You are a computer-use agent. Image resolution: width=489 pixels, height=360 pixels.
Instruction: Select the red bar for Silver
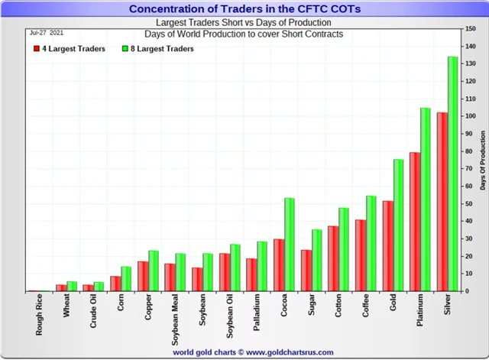click(442, 202)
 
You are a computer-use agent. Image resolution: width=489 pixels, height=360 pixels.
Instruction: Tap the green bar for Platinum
click(426, 199)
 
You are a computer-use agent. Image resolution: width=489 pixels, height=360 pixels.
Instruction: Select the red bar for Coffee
click(361, 255)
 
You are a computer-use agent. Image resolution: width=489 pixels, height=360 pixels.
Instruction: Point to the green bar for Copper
click(154, 271)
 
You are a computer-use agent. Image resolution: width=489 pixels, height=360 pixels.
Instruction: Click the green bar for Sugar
click(317, 260)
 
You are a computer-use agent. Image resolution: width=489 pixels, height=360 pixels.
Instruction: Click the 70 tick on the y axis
click(469, 169)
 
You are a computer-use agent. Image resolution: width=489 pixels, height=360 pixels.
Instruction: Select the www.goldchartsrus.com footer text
click(285, 352)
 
